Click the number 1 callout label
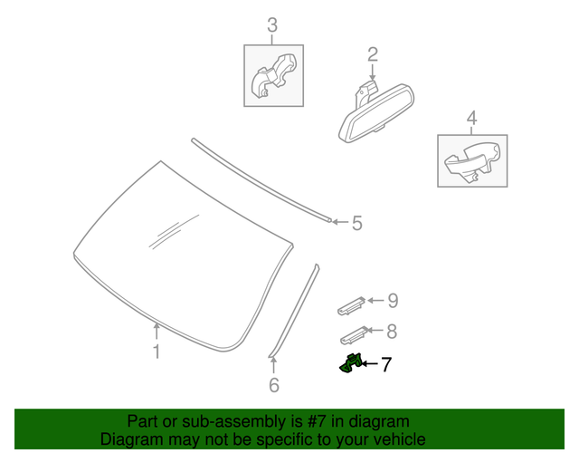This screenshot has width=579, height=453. (157, 352)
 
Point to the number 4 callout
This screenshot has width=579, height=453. (471, 118)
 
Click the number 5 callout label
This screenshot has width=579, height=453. (356, 223)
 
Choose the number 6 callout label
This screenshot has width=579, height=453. (274, 386)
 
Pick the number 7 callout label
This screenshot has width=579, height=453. (385, 365)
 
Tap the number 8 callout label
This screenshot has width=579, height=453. (391, 333)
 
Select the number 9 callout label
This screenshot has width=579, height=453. (392, 301)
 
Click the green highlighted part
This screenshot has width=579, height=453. (350, 363)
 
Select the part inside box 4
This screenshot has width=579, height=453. (471, 161)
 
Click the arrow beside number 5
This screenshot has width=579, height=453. (339, 221)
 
